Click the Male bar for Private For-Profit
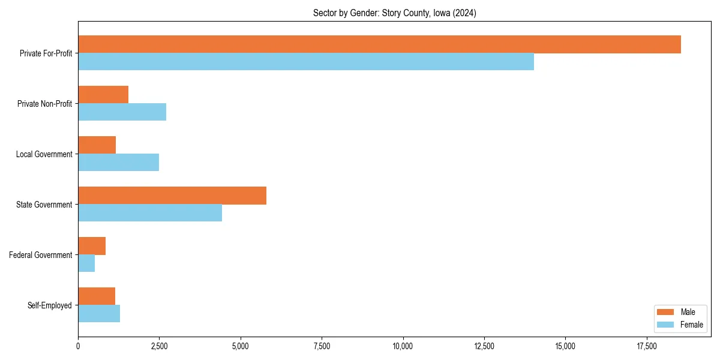pyautogui.click(x=379, y=44)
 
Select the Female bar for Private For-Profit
pyautogui.click(x=306, y=62)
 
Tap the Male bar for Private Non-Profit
pyautogui.click(x=103, y=95)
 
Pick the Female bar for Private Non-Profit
pyautogui.click(x=122, y=112)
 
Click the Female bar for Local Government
pyautogui.click(x=118, y=163)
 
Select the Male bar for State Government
pyautogui.click(x=172, y=196)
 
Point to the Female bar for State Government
pyautogui.click(x=150, y=213)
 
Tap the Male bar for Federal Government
pyautogui.click(x=92, y=246)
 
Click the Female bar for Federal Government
pyautogui.click(x=86, y=263)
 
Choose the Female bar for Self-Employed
pyautogui.click(x=99, y=314)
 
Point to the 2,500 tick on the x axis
pyautogui.click(x=159, y=346)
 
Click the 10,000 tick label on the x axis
pyautogui.click(x=403, y=346)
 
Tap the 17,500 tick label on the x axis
pyautogui.click(x=647, y=346)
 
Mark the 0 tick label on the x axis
pyautogui.click(x=78, y=346)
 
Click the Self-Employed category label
pyautogui.click(x=50, y=305)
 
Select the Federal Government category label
pyautogui.click(x=41, y=255)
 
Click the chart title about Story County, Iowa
pyautogui.click(x=394, y=13)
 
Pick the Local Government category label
pyautogui.click(x=44, y=154)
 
